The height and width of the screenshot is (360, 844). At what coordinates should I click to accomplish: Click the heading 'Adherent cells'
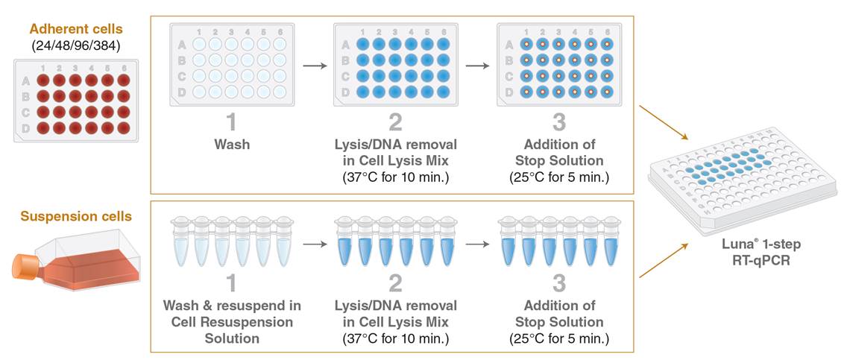[x=75, y=29]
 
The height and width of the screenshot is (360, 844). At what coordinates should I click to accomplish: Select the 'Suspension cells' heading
[x=76, y=217]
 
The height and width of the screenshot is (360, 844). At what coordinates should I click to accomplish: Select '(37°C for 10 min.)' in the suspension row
[x=394, y=338]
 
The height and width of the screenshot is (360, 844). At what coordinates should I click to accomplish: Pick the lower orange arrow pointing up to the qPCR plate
[x=663, y=259]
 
